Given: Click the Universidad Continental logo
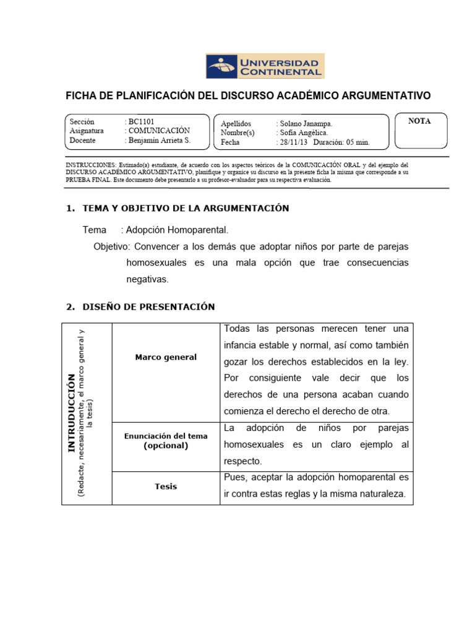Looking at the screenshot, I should coord(264,66).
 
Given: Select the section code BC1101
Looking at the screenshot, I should coord(141,122).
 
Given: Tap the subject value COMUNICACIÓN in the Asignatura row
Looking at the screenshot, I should coord(159,131).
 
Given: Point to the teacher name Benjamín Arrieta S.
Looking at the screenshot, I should coord(160,141).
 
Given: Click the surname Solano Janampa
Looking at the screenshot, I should coord(306,123).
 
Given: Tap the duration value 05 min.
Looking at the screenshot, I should coord(354,142).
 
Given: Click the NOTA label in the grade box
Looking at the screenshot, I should coord(419,121).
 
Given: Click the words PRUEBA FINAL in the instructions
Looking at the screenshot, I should coord(88,180).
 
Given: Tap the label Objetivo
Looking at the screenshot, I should coord(109,246).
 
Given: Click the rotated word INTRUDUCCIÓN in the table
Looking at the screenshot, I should coord(72,413).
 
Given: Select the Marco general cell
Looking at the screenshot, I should coord(166,357).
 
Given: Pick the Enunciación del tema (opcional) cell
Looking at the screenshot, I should coord(166,441).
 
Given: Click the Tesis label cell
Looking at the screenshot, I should coord(166,486).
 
